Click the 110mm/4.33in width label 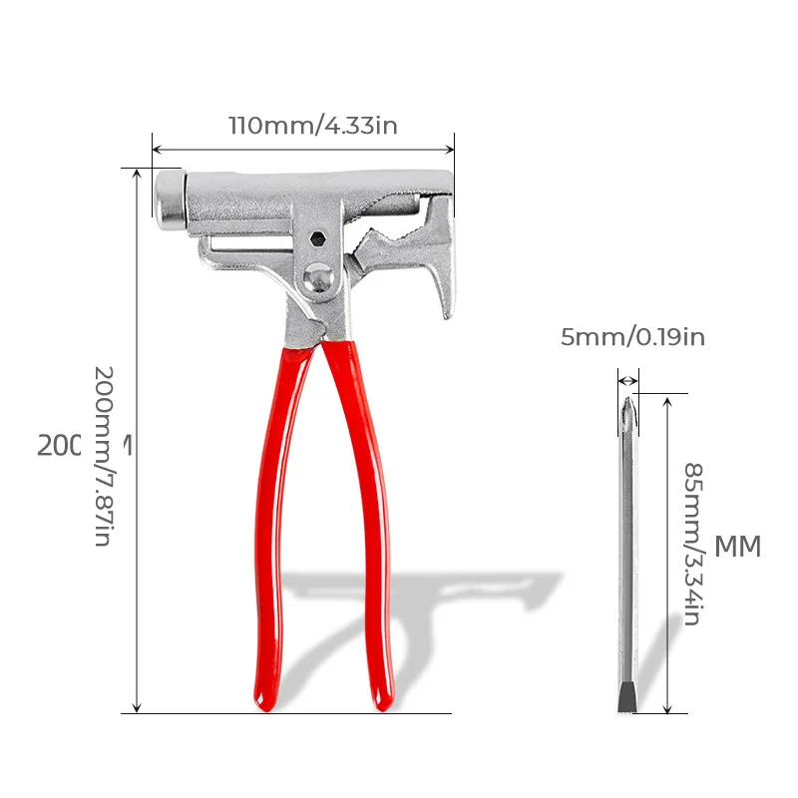312,126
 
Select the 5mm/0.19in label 632,337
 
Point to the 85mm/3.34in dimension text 691,543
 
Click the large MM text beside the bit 738,547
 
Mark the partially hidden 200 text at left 59,445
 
